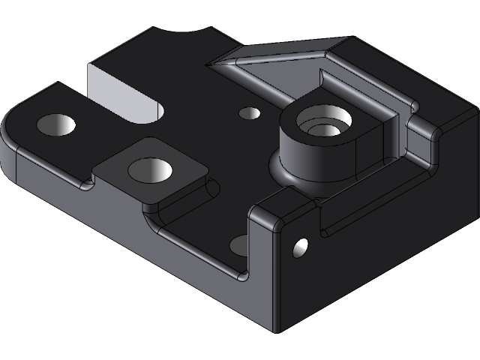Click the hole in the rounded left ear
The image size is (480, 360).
pyautogui.click(x=57, y=124)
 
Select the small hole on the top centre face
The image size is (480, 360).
pyautogui.click(x=249, y=113)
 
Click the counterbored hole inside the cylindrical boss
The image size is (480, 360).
pyautogui.click(x=325, y=122)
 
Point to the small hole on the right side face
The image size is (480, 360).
pyautogui.click(x=300, y=246)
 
